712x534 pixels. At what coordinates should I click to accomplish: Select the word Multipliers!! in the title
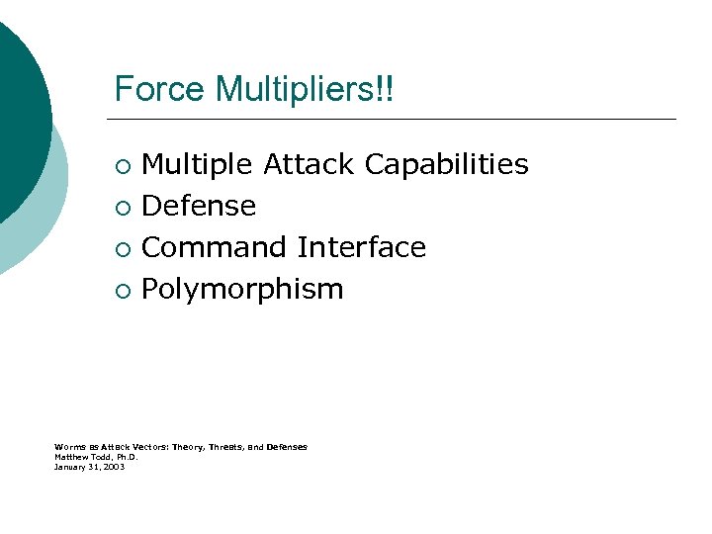[304, 90]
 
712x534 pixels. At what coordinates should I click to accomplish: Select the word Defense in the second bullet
[199, 206]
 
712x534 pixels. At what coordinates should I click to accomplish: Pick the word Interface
[361, 247]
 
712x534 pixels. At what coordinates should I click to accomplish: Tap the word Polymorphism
[242, 290]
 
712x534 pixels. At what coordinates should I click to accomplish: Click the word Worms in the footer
[70, 447]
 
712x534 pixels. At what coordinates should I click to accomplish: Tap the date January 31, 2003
[89, 466]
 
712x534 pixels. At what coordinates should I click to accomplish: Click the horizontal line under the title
[396, 120]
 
